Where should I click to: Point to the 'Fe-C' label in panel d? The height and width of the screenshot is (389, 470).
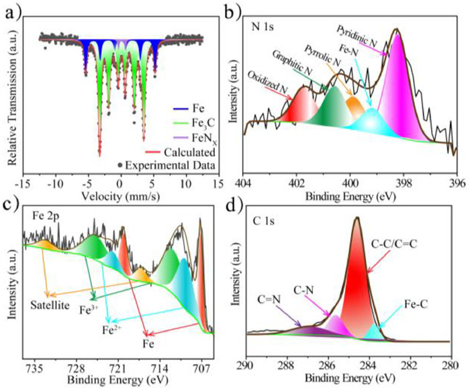pos(420,305)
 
